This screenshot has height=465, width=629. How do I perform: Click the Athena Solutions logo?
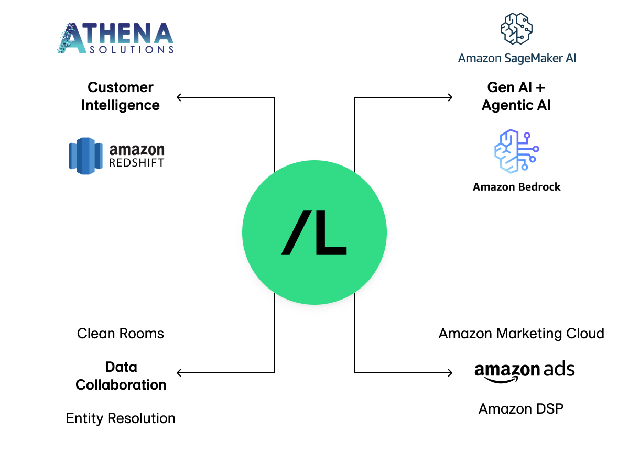pos(115,38)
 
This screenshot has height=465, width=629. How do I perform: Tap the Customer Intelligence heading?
pos(121,96)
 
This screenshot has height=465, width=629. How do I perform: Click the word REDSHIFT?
pos(136,162)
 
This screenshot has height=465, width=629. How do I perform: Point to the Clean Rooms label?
pos(121,334)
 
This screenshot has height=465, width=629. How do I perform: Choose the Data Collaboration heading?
pos(121,376)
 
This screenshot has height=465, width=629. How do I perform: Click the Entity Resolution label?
pos(121,418)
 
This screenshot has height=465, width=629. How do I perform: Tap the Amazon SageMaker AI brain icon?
pos(516,29)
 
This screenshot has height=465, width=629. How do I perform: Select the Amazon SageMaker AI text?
pos(517,58)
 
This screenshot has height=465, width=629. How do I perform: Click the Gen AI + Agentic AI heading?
pos(516,96)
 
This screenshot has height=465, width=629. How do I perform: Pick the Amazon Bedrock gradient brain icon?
pos(516,150)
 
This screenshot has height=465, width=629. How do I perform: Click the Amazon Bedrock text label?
pos(516,187)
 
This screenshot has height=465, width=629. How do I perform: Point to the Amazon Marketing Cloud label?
pos(521,334)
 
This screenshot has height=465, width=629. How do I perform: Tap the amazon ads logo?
pos(524,371)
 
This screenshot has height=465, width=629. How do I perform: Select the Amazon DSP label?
pos(521,408)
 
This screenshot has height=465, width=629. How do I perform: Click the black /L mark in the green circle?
pos(314,233)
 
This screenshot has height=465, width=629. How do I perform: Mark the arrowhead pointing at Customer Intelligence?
pos(179,97)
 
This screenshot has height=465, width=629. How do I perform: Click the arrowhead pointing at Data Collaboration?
pos(179,373)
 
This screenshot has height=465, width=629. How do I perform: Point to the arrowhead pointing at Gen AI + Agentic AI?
pos(449,97)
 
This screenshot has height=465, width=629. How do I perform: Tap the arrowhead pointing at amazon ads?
pos(449,373)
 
